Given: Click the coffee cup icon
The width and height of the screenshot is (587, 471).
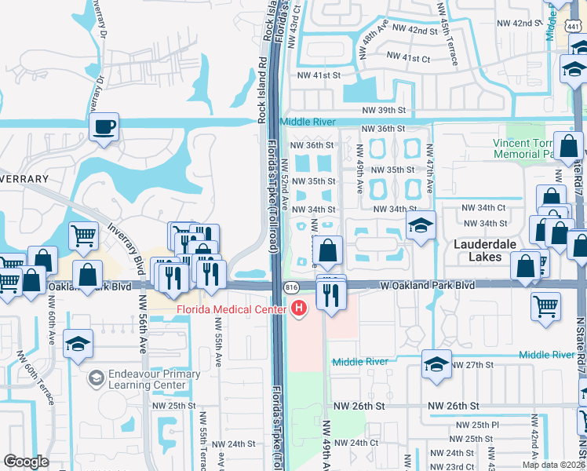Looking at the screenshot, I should click(104, 126).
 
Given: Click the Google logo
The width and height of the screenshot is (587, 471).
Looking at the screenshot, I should click(26, 461).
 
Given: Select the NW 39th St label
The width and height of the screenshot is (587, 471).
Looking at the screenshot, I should click(384, 111).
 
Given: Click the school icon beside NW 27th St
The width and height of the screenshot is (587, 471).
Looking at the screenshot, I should click(436, 363).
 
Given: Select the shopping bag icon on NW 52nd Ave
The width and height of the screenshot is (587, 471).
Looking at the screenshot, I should click(328, 250).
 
